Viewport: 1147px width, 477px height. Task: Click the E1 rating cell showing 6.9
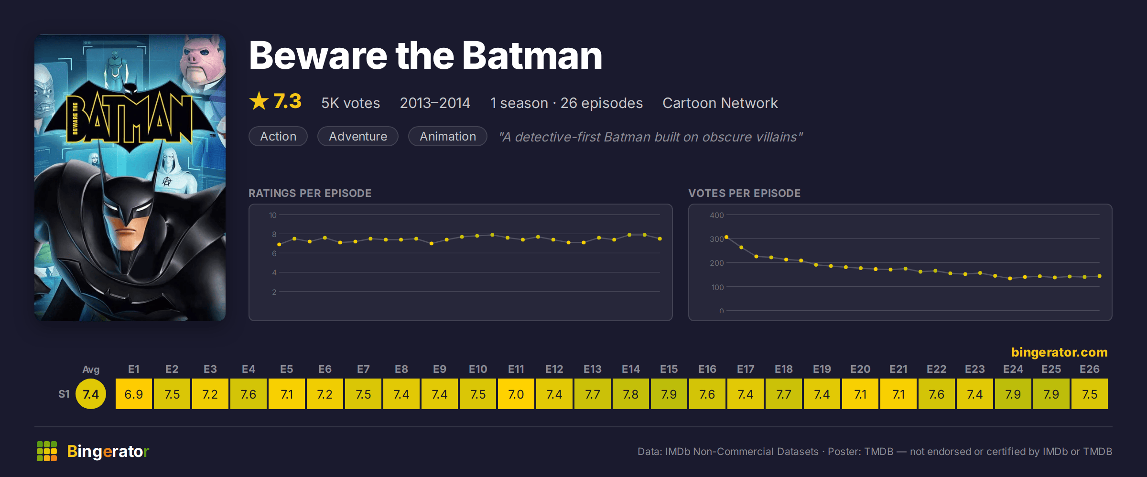134,394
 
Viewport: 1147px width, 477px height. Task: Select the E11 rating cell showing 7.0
516,394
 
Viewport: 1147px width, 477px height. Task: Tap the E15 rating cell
669,394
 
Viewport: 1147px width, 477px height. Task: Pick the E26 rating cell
1090,394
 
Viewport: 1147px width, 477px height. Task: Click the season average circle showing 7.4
91,394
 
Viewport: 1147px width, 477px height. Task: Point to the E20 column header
860,369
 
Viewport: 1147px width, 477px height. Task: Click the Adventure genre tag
358,136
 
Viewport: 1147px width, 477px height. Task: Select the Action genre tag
278,136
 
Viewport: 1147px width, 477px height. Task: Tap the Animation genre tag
448,136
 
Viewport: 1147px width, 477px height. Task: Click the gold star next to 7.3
259,101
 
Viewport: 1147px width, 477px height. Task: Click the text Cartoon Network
720,103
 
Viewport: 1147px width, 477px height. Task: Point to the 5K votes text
350,103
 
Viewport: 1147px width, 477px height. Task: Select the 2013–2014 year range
435,103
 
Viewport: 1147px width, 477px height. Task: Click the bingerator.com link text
1060,352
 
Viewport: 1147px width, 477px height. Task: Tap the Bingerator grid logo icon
47,451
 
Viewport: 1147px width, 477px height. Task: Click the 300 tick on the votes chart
716,239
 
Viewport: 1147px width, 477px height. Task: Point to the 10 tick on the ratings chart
272,215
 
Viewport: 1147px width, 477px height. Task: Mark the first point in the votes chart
726,237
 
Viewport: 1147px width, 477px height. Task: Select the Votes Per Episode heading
744,193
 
